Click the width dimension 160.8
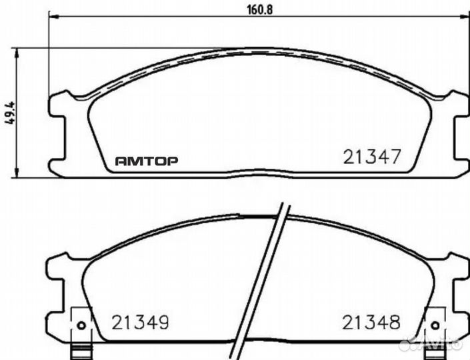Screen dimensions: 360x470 257,9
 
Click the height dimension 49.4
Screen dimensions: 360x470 9,112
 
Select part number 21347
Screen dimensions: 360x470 371,157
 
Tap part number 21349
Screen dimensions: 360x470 140,323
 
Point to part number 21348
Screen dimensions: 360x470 371,323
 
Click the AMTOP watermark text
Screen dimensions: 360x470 147,161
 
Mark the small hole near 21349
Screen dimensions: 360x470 81,325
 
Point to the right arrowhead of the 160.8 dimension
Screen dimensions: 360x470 465,18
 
